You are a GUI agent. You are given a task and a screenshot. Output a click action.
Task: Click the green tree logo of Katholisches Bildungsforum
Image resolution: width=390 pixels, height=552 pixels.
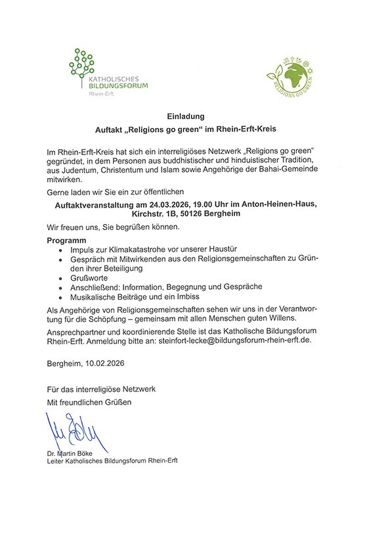81,64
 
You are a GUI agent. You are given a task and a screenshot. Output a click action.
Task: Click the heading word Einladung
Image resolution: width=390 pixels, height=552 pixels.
195,116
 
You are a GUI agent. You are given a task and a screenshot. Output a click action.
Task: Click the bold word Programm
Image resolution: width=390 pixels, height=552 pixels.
67,241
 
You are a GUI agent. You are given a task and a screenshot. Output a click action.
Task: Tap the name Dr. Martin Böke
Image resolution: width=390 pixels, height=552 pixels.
71,453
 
